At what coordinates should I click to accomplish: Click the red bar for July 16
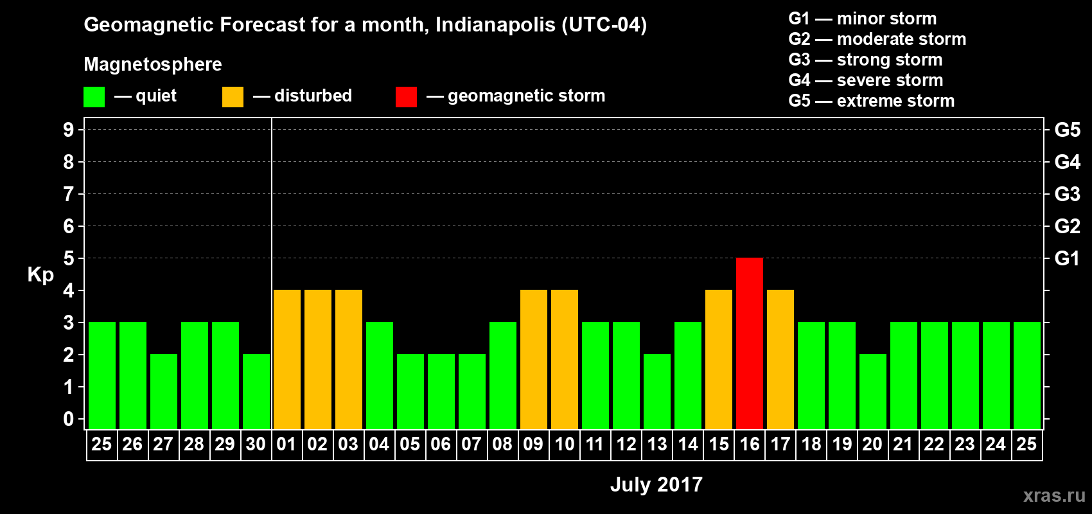point(750,343)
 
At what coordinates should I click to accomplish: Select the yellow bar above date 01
point(287,359)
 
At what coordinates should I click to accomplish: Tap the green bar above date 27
point(164,391)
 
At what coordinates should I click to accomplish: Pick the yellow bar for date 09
point(534,359)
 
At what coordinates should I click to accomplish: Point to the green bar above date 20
point(873,391)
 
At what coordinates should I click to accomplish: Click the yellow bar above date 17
point(780,359)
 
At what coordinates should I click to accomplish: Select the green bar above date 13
point(657,391)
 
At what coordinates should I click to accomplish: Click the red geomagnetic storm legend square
point(406,97)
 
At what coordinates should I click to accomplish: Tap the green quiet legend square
point(94,97)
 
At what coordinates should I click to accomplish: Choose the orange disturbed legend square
point(233,97)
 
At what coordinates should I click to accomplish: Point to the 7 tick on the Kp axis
point(69,194)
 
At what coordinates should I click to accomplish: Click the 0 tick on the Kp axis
point(69,420)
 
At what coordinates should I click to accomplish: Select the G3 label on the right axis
point(1067,194)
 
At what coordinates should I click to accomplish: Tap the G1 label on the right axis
point(1067,258)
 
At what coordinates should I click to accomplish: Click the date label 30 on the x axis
point(256,444)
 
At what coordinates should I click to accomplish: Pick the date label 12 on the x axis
point(626,444)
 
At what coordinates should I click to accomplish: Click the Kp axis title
point(40,275)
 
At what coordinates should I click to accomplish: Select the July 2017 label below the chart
point(656,484)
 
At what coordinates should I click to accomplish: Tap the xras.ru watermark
point(1054,495)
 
